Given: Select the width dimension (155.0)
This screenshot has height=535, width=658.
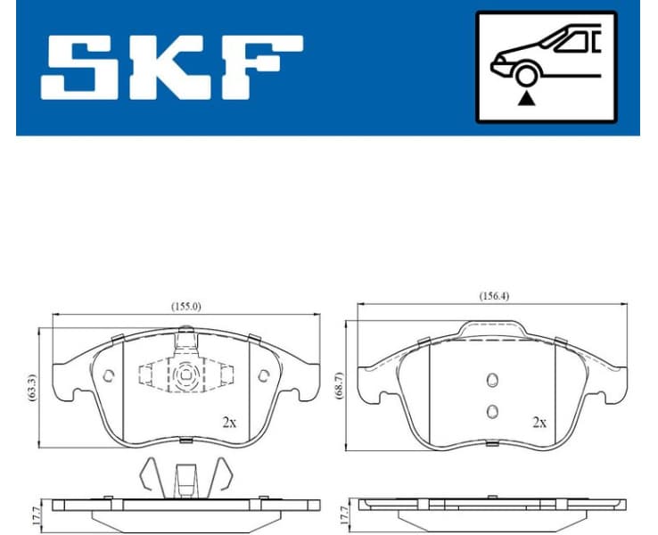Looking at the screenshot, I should coord(186,306).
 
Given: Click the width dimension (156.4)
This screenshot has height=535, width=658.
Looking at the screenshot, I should coord(495,296).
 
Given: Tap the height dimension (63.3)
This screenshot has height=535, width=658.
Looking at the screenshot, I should coord(32,389).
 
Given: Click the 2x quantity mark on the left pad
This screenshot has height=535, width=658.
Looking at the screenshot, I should coord(230,422).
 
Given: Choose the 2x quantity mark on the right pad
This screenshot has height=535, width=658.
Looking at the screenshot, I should coord(539,422).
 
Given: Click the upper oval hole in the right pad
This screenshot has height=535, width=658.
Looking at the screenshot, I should coord(490,381).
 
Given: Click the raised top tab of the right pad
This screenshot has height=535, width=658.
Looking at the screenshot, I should coord(491,330).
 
